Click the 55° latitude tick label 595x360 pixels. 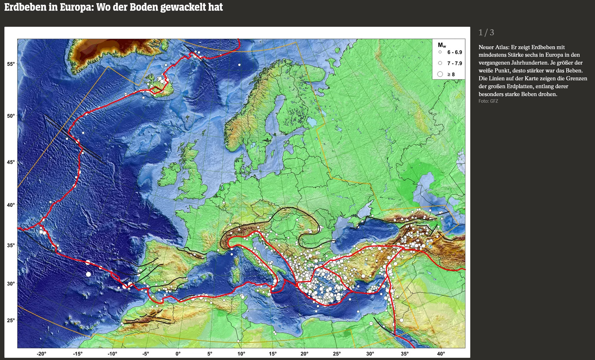11,64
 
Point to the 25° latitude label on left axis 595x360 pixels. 11,320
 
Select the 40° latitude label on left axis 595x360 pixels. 11,205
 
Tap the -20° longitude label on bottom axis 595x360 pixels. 42,354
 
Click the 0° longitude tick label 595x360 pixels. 178,354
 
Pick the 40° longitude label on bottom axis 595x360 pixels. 441,354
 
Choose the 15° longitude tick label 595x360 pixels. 273,354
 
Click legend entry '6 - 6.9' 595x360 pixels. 454,52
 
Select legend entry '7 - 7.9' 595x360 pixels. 454,63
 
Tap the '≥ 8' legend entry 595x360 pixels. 451,74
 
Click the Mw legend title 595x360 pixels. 442,45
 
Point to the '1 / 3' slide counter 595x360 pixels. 486,32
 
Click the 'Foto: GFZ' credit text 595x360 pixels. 488,101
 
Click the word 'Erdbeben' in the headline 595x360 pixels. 25,7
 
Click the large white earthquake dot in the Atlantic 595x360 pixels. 89,274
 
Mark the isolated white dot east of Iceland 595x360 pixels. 239,65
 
